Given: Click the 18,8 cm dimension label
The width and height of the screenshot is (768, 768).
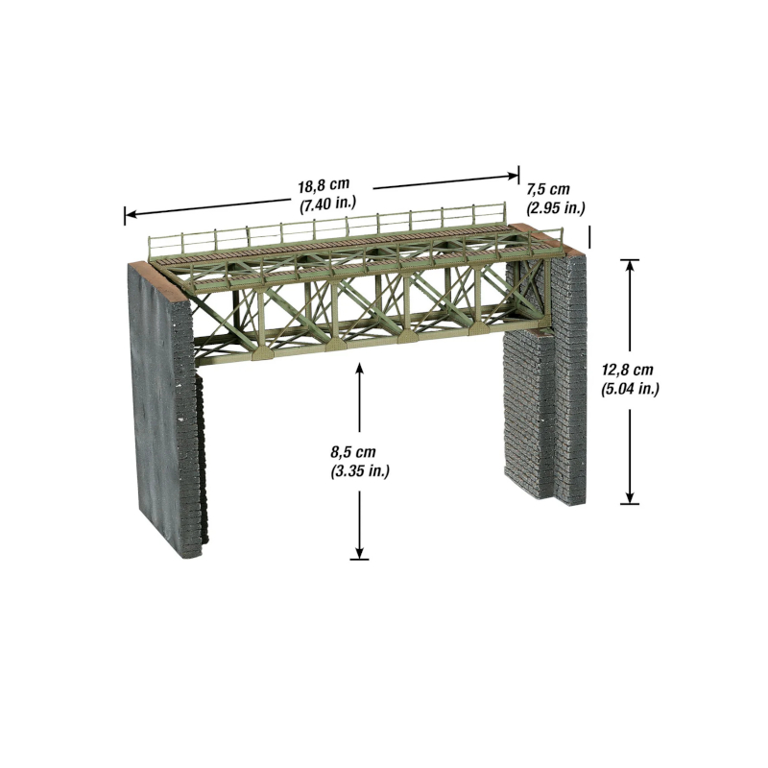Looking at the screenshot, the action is pyautogui.click(x=324, y=185).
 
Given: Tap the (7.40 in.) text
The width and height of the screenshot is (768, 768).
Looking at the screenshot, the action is pyautogui.click(x=327, y=204).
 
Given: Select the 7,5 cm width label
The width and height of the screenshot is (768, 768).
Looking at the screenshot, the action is pyautogui.click(x=548, y=189).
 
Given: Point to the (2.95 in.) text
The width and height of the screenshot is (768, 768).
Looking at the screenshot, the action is pyautogui.click(x=556, y=208).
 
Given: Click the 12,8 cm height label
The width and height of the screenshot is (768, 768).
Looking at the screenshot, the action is pyautogui.click(x=628, y=370).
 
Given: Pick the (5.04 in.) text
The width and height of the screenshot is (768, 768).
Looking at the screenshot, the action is pyautogui.click(x=630, y=389).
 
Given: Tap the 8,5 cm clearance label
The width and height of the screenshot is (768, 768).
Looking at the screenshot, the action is pyautogui.click(x=353, y=451).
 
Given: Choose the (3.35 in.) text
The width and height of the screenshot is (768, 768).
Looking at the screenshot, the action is pyautogui.click(x=360, y=471).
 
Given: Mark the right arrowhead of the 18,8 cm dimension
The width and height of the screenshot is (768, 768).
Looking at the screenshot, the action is pyautogui.click(x=512, y=176).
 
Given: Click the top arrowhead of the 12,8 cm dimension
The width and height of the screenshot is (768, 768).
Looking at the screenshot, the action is pyautogui.click(x=630, y=266).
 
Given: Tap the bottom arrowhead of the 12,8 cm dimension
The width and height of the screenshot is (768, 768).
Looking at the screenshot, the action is pyautogui.click(x=630, y=496).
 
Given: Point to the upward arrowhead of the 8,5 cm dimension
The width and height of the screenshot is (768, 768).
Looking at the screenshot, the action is pyautogui.click(x=359, y=370).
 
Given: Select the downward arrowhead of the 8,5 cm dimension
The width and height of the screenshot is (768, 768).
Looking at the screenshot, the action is pyautogui.click(x=359, y=552).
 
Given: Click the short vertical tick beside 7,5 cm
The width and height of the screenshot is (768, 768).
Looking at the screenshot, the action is pyautogui.click(x=589, y=237).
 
